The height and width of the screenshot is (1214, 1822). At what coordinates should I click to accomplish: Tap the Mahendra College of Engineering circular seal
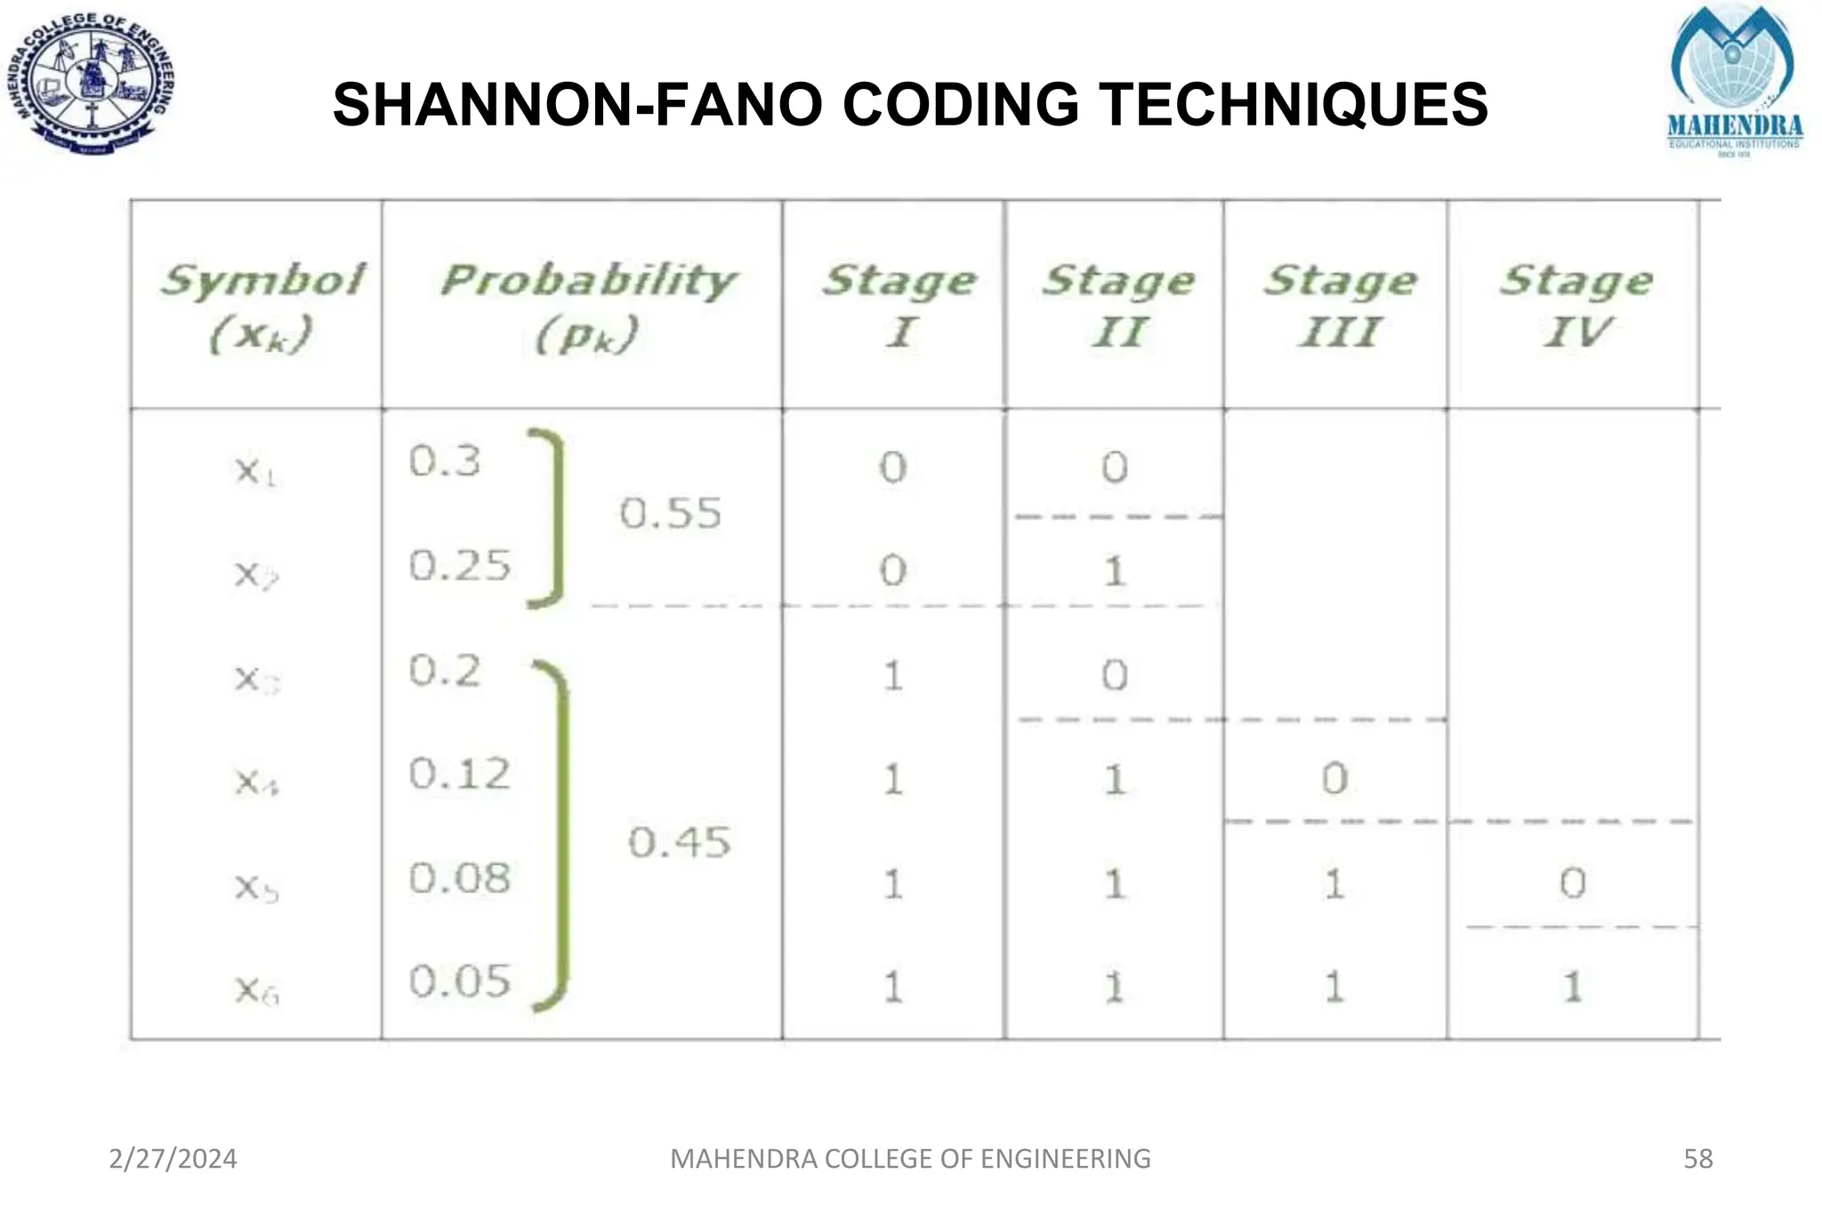coord(93,84)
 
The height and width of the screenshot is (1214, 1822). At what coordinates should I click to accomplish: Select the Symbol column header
coord(262,305)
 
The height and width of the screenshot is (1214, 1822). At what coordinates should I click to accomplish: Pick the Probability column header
coord(587,305)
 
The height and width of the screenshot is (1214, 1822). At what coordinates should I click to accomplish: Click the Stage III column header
coord(1340,305)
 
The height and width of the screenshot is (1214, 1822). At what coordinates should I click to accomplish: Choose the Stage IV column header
coord(1576,305)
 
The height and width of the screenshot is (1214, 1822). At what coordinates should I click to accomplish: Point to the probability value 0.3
coord(445,461)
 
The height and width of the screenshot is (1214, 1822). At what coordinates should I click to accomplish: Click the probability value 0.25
coord(460,566)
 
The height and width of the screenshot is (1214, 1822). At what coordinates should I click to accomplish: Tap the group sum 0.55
coord(670,513)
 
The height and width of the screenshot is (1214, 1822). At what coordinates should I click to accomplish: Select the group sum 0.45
coord(679,841)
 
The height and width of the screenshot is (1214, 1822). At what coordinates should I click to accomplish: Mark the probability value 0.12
coord(460,774)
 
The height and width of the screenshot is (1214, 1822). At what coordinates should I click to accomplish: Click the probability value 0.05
coord(460,982)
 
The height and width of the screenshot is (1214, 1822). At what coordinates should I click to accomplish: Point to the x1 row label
coord(255,470)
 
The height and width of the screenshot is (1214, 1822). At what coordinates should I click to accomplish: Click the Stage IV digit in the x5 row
coord(1573,883)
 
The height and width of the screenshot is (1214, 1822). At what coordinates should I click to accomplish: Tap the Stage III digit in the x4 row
coord(1334,779)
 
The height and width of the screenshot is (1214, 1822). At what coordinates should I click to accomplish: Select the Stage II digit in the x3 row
coord(1115,676)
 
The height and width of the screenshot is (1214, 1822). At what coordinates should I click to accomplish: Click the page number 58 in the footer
coord(1697,1159)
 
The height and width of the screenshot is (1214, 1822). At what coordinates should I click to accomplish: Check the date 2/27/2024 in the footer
coord(173,1159)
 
